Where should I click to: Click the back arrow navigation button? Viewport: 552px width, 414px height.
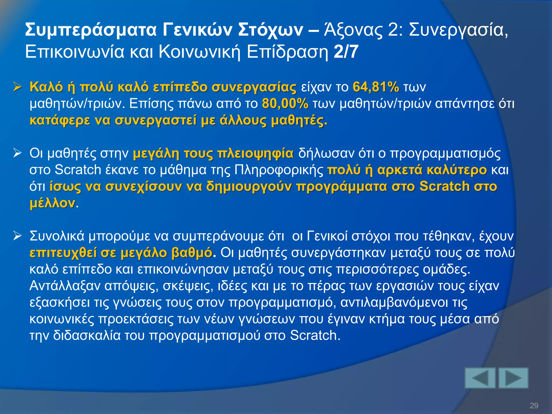click(x=480, y=378)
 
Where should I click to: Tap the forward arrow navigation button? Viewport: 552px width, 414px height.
click(x=513, y=378)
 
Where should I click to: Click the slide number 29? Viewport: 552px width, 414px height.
click(x=534, y=405)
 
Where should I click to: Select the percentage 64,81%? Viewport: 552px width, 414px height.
click(x=376, y=87)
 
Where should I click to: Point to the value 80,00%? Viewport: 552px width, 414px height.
click(x=285, y=104)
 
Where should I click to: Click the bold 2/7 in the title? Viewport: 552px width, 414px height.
click(x=346, y=52)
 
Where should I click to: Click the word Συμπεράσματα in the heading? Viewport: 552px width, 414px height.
click(x=91, y=30)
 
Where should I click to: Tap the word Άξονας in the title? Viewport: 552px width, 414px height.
click(x=353, y=30)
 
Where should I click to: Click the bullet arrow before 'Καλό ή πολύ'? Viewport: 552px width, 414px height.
click(x=18, y=87)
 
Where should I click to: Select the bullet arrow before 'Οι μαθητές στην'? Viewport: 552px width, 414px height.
click(x=18, y=153)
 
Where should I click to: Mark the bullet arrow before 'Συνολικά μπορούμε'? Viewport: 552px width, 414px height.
click(x=18, y=236)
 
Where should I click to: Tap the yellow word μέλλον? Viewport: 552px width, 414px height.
click(x=52, y=203)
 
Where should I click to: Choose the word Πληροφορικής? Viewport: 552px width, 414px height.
click(x=279, y=170)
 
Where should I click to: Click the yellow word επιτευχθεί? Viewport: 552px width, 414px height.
click(x=63, y=253)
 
